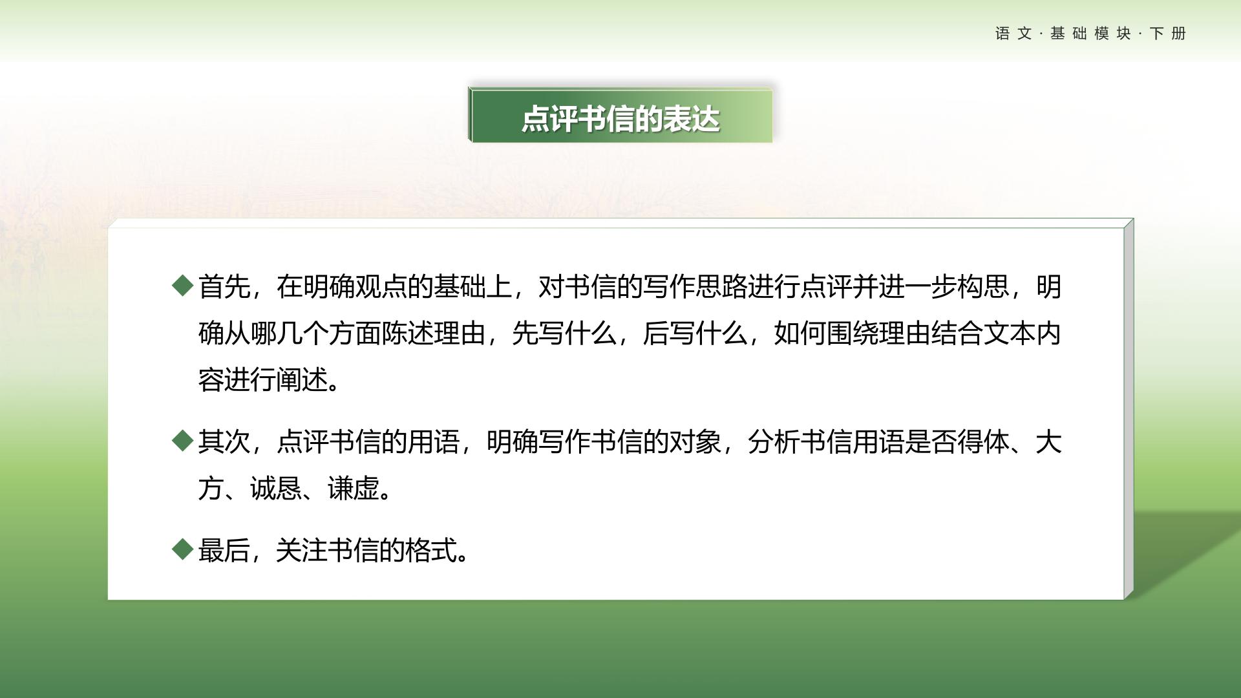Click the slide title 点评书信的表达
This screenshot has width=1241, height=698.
tap(620, 120)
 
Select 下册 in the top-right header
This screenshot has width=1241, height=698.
tap(1168, 34)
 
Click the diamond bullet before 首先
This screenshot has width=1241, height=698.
tap(183, 286)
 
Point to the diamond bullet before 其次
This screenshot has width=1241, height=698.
tap(183, 441)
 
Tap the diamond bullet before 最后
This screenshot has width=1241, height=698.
tap(183, 549)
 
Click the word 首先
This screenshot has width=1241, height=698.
tap(224, 286)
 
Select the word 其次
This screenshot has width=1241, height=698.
tap(224, 442)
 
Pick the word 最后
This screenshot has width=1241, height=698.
tap(224, 551)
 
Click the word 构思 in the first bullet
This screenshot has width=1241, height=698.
tap(983, 286)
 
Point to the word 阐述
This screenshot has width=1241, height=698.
tap(302, 380)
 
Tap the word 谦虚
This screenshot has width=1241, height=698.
tap(354, 489)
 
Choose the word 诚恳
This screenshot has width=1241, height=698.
tap(276, 489)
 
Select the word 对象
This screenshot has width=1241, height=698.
tap(695, 442)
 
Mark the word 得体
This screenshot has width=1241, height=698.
tap(983, 442)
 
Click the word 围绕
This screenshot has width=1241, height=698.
tap(853, 333)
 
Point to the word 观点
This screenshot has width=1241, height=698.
tap(381, 286)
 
